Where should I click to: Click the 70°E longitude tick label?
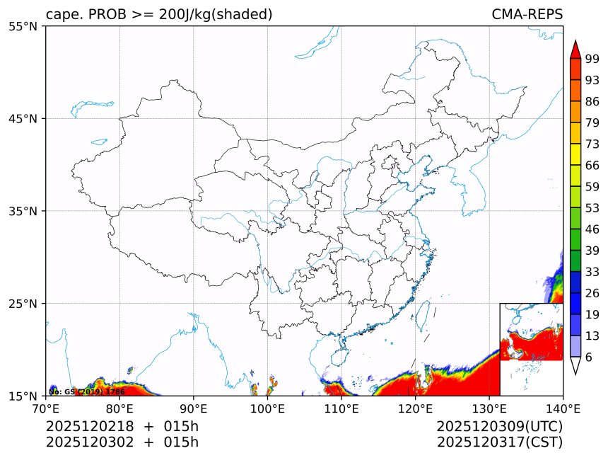click(46, 408)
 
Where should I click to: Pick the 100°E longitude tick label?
click(267, 408)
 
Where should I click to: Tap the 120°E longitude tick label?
click(415, 408)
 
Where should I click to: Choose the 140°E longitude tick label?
click(563, 408)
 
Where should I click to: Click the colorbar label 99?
click(592, 59)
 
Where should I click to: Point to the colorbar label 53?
click(592, 208)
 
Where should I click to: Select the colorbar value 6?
click(589, 357)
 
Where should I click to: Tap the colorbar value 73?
click(592, 144)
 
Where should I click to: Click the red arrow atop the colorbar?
click(575, 49)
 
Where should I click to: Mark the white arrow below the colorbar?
click(575, 365)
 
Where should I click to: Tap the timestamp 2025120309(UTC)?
click(499, 427)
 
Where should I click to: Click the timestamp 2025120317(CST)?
click(499, 443)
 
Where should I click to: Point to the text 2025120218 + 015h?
click(122, 427)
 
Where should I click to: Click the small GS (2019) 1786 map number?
click(87, 391)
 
